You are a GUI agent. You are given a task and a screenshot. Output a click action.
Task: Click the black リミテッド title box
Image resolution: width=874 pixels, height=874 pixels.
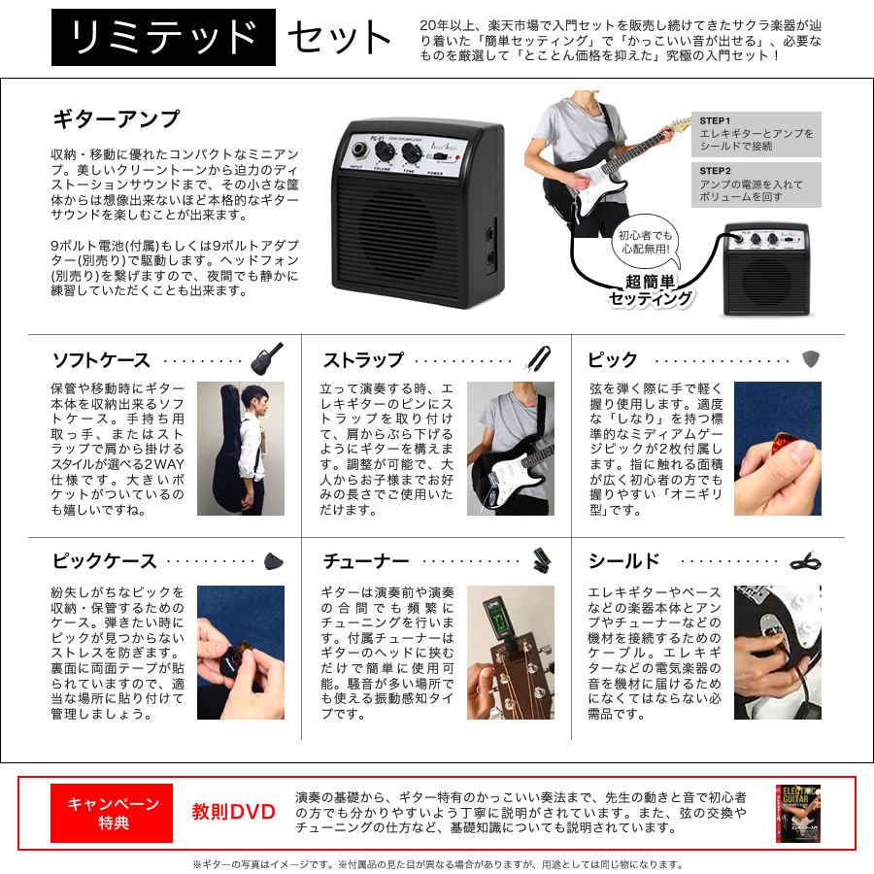pos(163,37)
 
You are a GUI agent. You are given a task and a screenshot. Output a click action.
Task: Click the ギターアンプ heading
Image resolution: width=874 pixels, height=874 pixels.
pos(116,119)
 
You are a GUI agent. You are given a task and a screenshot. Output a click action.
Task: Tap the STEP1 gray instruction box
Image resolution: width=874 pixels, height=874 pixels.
pos(756,134)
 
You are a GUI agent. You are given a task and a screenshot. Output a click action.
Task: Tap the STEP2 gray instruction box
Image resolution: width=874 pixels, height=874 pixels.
pos(756,185)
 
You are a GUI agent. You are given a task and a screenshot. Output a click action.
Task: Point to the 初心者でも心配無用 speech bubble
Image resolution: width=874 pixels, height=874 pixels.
pos(647,244)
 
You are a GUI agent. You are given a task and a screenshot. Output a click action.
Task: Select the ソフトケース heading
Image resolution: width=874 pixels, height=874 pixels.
pos(101,360)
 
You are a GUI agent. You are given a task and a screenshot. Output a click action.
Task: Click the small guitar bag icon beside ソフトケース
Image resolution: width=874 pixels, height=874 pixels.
pos(267,358)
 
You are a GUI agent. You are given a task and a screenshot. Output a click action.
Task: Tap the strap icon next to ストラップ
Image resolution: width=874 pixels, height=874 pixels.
pos(537,358)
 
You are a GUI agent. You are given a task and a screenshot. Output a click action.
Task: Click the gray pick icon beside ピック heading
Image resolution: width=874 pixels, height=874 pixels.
pos(811,359)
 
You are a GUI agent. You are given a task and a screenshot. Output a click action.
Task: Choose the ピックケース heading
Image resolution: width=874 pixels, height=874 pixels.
pos(104,560)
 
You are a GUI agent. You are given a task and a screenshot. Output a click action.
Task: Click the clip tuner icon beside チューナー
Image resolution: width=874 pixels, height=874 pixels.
pos(540,559)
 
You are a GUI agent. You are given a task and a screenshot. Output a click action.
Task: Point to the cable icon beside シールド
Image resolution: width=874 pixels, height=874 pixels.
pos(806,560)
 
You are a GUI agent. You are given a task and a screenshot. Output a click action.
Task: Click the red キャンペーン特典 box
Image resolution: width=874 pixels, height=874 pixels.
pos(112,813)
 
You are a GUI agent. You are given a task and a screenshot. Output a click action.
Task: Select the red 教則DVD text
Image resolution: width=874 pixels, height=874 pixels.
pos(233,812)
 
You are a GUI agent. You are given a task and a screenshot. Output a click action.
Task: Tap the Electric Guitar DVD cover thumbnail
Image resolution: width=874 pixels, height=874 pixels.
pos(798,813)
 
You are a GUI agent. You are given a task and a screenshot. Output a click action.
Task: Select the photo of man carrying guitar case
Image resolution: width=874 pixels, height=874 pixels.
pos(241,449)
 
